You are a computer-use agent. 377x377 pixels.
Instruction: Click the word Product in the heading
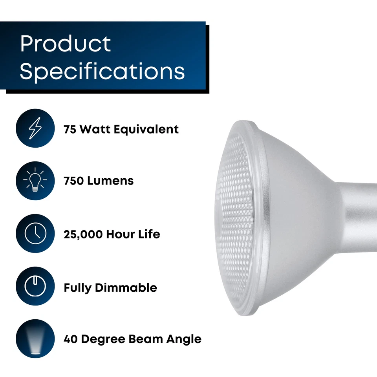pyautogui.click(x=66, y=44)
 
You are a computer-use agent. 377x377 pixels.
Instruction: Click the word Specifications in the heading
pyautogui.click(x=102, y=71)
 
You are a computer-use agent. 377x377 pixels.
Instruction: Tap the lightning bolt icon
pyautogui.click(x=35, y=128)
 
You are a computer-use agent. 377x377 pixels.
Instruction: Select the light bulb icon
pyautogui.click(x=35, y=181)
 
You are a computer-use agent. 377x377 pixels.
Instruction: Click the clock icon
pyautogui.click(x=35, y=234)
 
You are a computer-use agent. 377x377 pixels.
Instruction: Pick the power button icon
pyautogui.click(x=35, y=287)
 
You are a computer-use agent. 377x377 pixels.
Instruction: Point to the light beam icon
pyautogui.click(x=35, y=339)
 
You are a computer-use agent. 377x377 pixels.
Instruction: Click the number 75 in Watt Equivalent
pyautogui.click(x=70, y=129)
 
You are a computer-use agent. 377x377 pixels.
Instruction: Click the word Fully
pyautogui.click(x=77, y=287)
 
